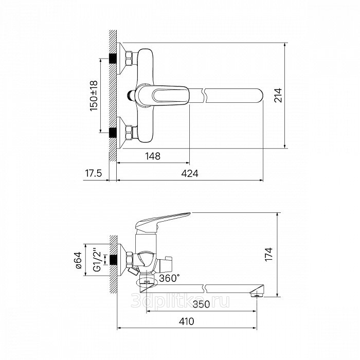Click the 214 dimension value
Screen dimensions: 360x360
278,95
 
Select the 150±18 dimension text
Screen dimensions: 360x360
94,96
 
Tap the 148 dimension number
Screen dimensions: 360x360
153,156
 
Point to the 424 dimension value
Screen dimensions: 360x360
190,174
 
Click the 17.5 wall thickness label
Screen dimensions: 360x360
94,173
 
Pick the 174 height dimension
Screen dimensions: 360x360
268,254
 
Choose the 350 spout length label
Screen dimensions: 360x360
202,304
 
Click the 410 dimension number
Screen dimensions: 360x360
186,321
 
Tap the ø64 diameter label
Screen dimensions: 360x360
78,260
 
